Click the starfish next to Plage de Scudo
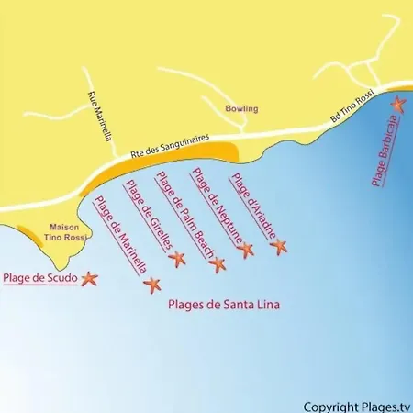click(x=89, y=277)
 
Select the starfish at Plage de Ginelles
click(x=177, y=259)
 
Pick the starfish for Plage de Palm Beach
click(x=217, y=265)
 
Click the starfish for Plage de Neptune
click(x=245, y=250)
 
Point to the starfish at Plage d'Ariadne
click(x=279, y=245)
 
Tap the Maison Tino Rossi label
click(x=63, y=233)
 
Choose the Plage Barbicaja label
click(x=385, y=151)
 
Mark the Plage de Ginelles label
click(x=149, y=217)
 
